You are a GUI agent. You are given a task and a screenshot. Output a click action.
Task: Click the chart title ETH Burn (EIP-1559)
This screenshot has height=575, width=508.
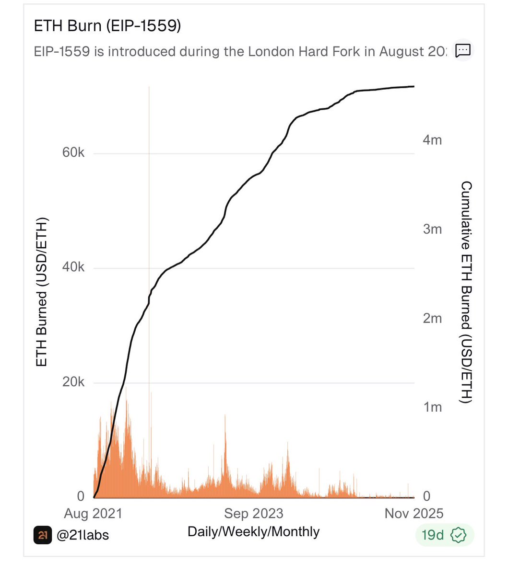pyautogui.click(x=107, y=26)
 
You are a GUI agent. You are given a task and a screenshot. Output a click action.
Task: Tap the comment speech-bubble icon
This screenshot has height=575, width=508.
pyautogui.click(x=463, y=50)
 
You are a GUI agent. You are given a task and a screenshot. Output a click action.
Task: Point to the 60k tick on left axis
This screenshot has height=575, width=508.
pyautogui.click(x=73, y=153)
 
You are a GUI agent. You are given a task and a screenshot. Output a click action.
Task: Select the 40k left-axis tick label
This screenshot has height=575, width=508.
pyautogui.click(x=73, y=267)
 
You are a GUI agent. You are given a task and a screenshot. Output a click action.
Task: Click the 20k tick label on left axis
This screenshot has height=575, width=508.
pyautogui.click(x=73, y=382)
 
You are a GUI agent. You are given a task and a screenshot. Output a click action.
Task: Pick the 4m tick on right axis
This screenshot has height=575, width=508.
pyautogui.click(x=432, y=140)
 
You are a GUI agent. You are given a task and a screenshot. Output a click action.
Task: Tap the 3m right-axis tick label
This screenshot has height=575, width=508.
pyautogui.click(x=432, y=229)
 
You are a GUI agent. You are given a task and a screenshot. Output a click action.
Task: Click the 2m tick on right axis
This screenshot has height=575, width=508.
pyautogui.click(x=432, y=318)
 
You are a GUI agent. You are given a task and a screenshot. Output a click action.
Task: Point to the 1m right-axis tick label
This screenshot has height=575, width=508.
pyautogui.click(x=432, y=407)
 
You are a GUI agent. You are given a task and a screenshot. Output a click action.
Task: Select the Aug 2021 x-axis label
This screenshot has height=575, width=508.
pyautogui.click(x=93, y=514)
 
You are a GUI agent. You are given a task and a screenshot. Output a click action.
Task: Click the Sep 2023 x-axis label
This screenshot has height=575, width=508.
pyautogui.click(x=254, y=514)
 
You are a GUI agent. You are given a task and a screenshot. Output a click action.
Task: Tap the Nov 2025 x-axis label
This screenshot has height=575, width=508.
pyautogui.click(x=413, y=514)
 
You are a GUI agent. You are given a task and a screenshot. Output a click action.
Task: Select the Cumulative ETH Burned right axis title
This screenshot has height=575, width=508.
pyautogui.click(x=466, y=292)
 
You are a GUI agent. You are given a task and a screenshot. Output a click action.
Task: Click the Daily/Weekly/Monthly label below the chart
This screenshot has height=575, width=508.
pyautogui.click(x=253, y=531)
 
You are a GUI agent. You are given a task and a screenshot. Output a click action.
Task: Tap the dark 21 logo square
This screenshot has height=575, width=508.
pyautogui.click(x=43, y=535)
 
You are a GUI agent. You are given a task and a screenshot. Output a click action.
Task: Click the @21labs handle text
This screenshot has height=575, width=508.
pyautogui.click(x=83, y=535)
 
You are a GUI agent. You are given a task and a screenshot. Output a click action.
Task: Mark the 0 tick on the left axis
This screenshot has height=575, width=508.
pyautogui.click(x=81, y=496)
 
